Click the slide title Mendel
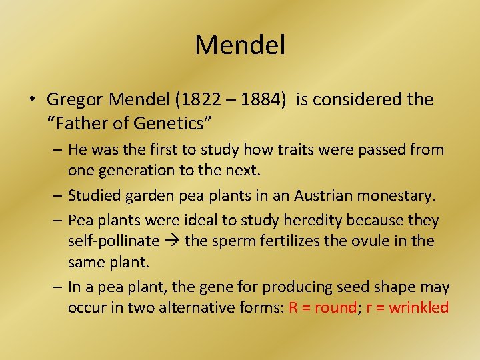click(240, 45)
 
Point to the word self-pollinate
click(113, 241)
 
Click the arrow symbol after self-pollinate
click(171, 241)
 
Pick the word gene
click(221, 287)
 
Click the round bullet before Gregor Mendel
click(32, 101)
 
